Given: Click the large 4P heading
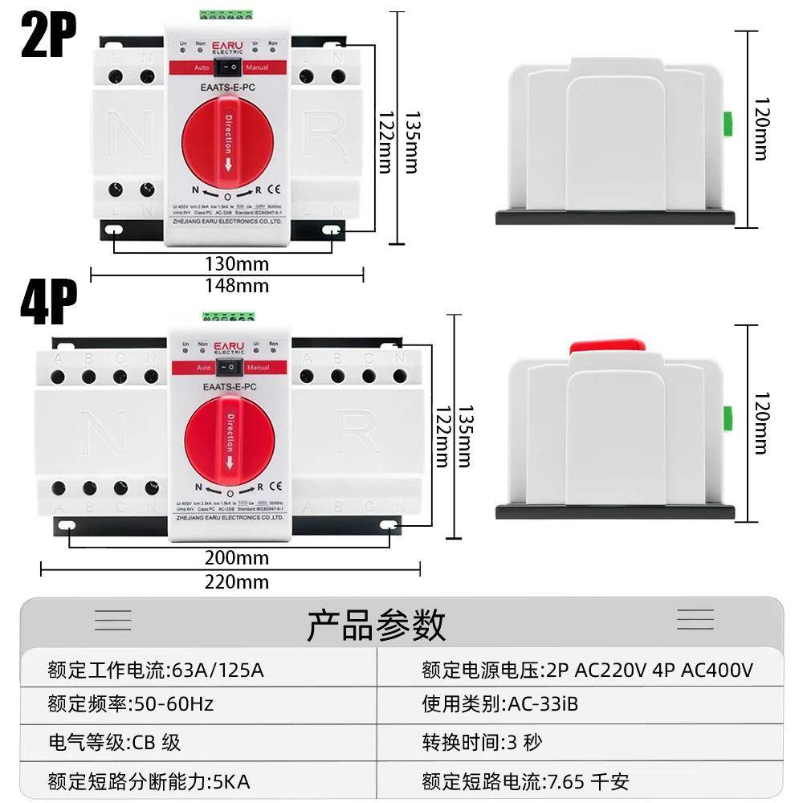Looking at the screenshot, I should point(48,303).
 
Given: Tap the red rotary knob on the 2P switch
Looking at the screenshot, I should point(228,145).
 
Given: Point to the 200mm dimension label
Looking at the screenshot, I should point(236,558).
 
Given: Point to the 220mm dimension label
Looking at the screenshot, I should point(236,581).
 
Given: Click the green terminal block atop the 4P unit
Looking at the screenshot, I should point(229,319).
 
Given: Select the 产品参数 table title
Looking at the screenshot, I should point(376,624).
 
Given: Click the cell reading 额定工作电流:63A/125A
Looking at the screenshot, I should point(156,670).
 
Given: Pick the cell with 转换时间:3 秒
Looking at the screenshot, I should point(482,742).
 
